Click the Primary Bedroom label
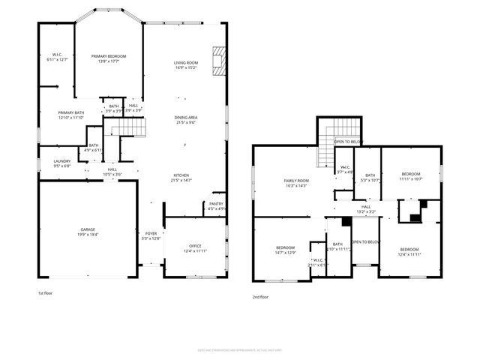coord(109,57)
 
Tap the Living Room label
coord(186,63)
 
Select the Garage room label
coord(88,229)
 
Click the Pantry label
coord(216,203)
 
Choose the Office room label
coord(195,246)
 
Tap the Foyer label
coord(151,233)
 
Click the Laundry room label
coord(61,161)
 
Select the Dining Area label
coord(186,118)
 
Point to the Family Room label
coord(296,181)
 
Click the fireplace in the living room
coord(218,61)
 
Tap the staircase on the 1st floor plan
coord(128,129)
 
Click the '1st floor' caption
coord(46,292)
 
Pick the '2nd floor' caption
coord(260,297)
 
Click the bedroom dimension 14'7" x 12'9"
coord(285,253)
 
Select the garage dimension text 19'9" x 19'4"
coord(88,235)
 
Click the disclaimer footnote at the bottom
coord(239,349)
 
